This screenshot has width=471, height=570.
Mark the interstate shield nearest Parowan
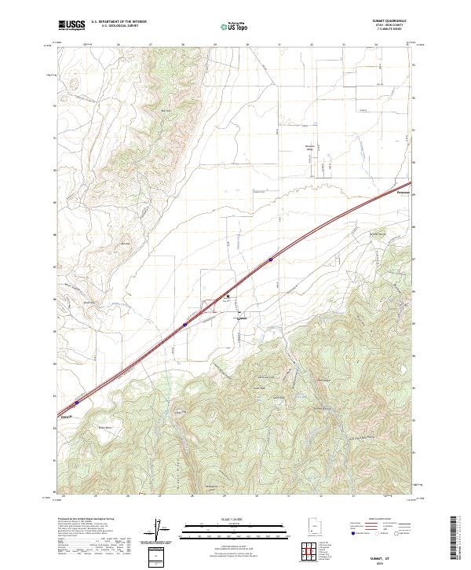click(271, 258)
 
